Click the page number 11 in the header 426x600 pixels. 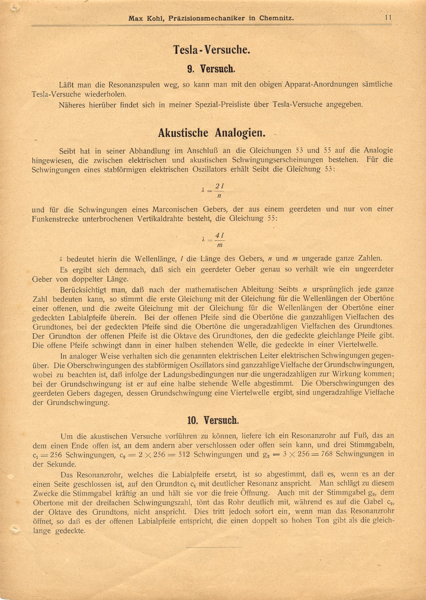tap(388, 18)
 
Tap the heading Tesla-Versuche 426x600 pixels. tap(212, 50)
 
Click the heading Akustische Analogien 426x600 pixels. tap(212, 133)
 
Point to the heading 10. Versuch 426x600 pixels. tap(213, 420)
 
